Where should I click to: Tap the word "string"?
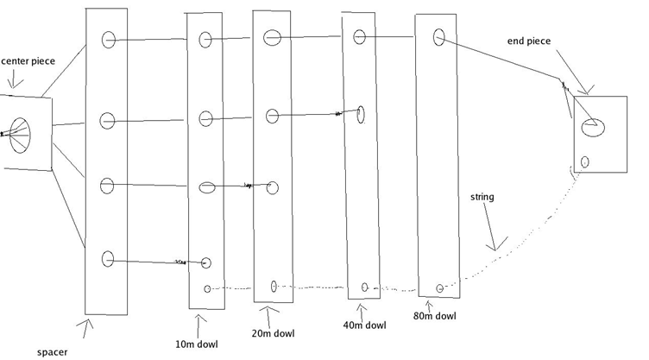click(x=482, y=197)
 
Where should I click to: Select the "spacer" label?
click(x=53, y=351)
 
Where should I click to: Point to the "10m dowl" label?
click(x=196, y=344)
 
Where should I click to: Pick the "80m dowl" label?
click(x=434, y=316)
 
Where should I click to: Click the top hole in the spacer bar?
click(x=109, y=39)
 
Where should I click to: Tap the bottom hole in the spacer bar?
click(x=108, y=257)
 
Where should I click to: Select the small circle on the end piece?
click(x=585, y=161)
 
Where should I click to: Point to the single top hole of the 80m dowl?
click(x=438, y=36)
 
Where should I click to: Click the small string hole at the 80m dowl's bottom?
click(x=440, y=287)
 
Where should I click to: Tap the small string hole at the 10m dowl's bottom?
click(x=207, y=288)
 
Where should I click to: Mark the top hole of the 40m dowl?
click(x=360, y=35)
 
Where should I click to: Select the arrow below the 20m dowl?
click(x=268, y=313)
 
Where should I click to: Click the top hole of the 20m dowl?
click(x=272, y=37)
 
